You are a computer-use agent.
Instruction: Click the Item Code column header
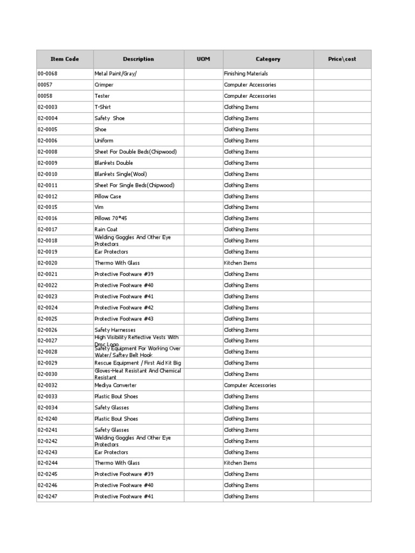(64, 59)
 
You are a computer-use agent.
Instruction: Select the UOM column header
(203, 59)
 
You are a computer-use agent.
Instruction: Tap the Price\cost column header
(342, 59)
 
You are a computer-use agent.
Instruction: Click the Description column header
(138, 59)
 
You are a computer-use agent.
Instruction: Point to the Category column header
(268, 59)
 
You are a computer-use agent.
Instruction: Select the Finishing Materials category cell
(246, 73)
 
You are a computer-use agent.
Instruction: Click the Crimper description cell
(104, 85)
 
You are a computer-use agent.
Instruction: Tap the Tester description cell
(102, 96)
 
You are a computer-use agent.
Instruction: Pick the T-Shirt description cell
(103, 107)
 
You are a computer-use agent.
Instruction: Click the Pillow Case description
(108, 197)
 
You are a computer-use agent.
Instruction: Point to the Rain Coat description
(106, 230)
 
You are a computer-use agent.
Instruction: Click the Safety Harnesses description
(115, 330)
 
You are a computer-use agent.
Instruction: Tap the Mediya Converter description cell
(116, 386)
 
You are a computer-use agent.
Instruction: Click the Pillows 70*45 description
(111, 218)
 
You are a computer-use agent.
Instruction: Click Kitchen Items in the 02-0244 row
(240, 463)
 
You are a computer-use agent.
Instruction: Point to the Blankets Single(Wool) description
(121, 174)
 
